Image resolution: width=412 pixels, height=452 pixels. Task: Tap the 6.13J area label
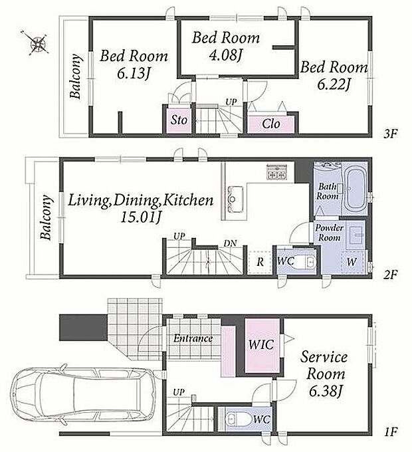point(134,73)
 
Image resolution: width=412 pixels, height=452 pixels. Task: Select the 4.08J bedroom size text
point(225,55)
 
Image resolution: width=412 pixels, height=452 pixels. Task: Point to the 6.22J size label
point(334,84)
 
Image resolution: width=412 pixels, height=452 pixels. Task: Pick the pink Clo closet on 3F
point(271,124)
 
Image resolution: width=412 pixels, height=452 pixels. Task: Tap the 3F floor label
point(390,134)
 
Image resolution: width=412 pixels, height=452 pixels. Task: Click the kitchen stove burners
point(277,171)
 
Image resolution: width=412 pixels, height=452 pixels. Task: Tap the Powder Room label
point(329,233)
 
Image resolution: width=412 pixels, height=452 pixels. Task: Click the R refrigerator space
point(260,262)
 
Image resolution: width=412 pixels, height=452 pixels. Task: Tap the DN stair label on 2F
point(230,243)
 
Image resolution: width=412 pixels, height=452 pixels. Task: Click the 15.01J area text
point(140,217)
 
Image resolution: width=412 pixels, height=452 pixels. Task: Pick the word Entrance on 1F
point(193,338)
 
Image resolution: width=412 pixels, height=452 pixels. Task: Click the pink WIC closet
point(262,346)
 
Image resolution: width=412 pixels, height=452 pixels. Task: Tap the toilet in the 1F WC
point(238,419)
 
